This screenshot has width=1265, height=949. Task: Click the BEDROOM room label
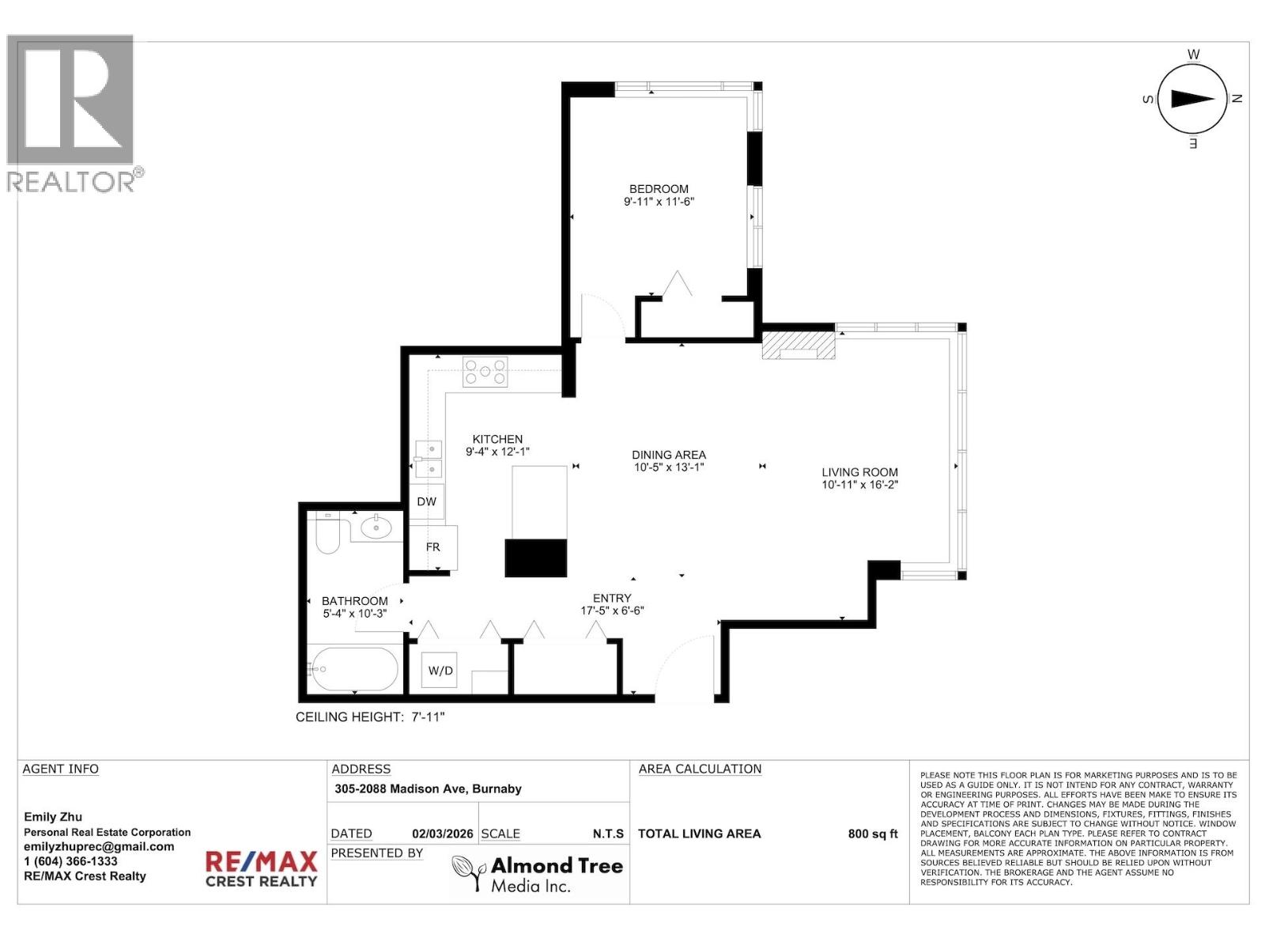[659, 189]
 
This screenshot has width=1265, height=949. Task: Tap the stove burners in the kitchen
[485, 372]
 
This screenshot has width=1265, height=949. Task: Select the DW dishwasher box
[427, 501]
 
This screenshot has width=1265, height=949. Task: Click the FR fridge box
[432, 546]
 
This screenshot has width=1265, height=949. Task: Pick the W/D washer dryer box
[440, 671]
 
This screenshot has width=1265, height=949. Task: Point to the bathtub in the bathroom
[353, 670]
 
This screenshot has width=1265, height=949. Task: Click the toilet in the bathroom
[327, 535]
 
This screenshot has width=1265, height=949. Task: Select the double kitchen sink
[429, 459]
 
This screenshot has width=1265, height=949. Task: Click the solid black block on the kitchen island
[536, 558]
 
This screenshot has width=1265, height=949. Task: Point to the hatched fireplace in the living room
[799, 345]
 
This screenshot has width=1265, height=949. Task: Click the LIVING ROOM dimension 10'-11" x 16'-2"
[859, 485]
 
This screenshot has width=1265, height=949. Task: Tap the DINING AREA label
[669, 455]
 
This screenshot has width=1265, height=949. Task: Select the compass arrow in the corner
[1192, 99]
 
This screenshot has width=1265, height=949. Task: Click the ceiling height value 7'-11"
[428, 716]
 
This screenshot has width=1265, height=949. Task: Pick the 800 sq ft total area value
[873, 834]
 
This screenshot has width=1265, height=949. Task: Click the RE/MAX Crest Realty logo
[261, 868]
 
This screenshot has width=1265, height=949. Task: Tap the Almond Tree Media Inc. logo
[538, 875]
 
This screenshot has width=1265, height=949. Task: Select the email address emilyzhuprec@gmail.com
[99, 846]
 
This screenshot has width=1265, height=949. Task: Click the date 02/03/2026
[442, 834]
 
